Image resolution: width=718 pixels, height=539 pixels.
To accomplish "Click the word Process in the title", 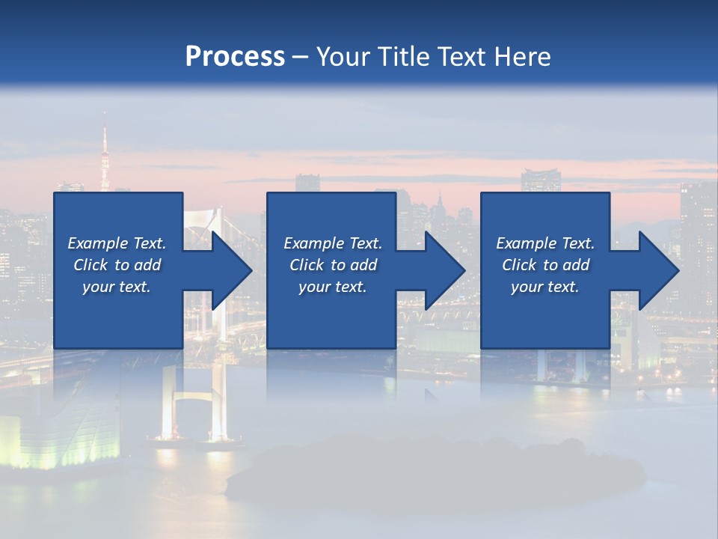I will pos(235,57).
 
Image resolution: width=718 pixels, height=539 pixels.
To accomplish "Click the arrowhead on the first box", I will pos(224,270).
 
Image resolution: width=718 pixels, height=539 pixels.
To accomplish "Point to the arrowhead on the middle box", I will pos(438,270).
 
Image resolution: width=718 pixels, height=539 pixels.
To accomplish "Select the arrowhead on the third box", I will pos(651,270).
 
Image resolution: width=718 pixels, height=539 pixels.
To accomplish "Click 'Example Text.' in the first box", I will pos(117,243).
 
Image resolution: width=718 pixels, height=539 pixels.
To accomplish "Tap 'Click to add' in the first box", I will pos(117,265).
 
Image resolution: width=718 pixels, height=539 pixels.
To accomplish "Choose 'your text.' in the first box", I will pos(117,287).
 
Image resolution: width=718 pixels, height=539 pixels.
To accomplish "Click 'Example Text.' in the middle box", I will pos(333,243).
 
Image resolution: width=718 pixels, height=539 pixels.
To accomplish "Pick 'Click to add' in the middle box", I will pos(333,265).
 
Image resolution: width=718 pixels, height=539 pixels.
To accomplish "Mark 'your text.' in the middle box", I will pos(333,287).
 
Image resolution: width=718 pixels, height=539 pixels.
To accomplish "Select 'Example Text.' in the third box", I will pos(545,243).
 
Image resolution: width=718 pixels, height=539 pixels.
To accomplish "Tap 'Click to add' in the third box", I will pos(545,265).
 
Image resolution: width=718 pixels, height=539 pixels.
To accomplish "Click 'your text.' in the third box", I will pos(545,287).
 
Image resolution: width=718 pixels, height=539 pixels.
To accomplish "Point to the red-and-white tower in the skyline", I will pos(105,153).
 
